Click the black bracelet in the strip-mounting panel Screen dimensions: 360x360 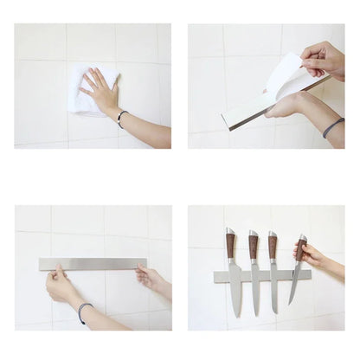(x=82, y=311)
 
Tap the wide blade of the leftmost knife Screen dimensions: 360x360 (x=235, y=290)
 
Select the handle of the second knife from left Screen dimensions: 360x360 (x=254, y=247)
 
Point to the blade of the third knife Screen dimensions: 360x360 (x=273, y=286)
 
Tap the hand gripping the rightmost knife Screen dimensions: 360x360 (x=312, y=254)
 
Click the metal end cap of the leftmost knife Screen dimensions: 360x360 (x=230, y=232)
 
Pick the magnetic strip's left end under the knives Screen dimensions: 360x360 (x=219, y=277)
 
